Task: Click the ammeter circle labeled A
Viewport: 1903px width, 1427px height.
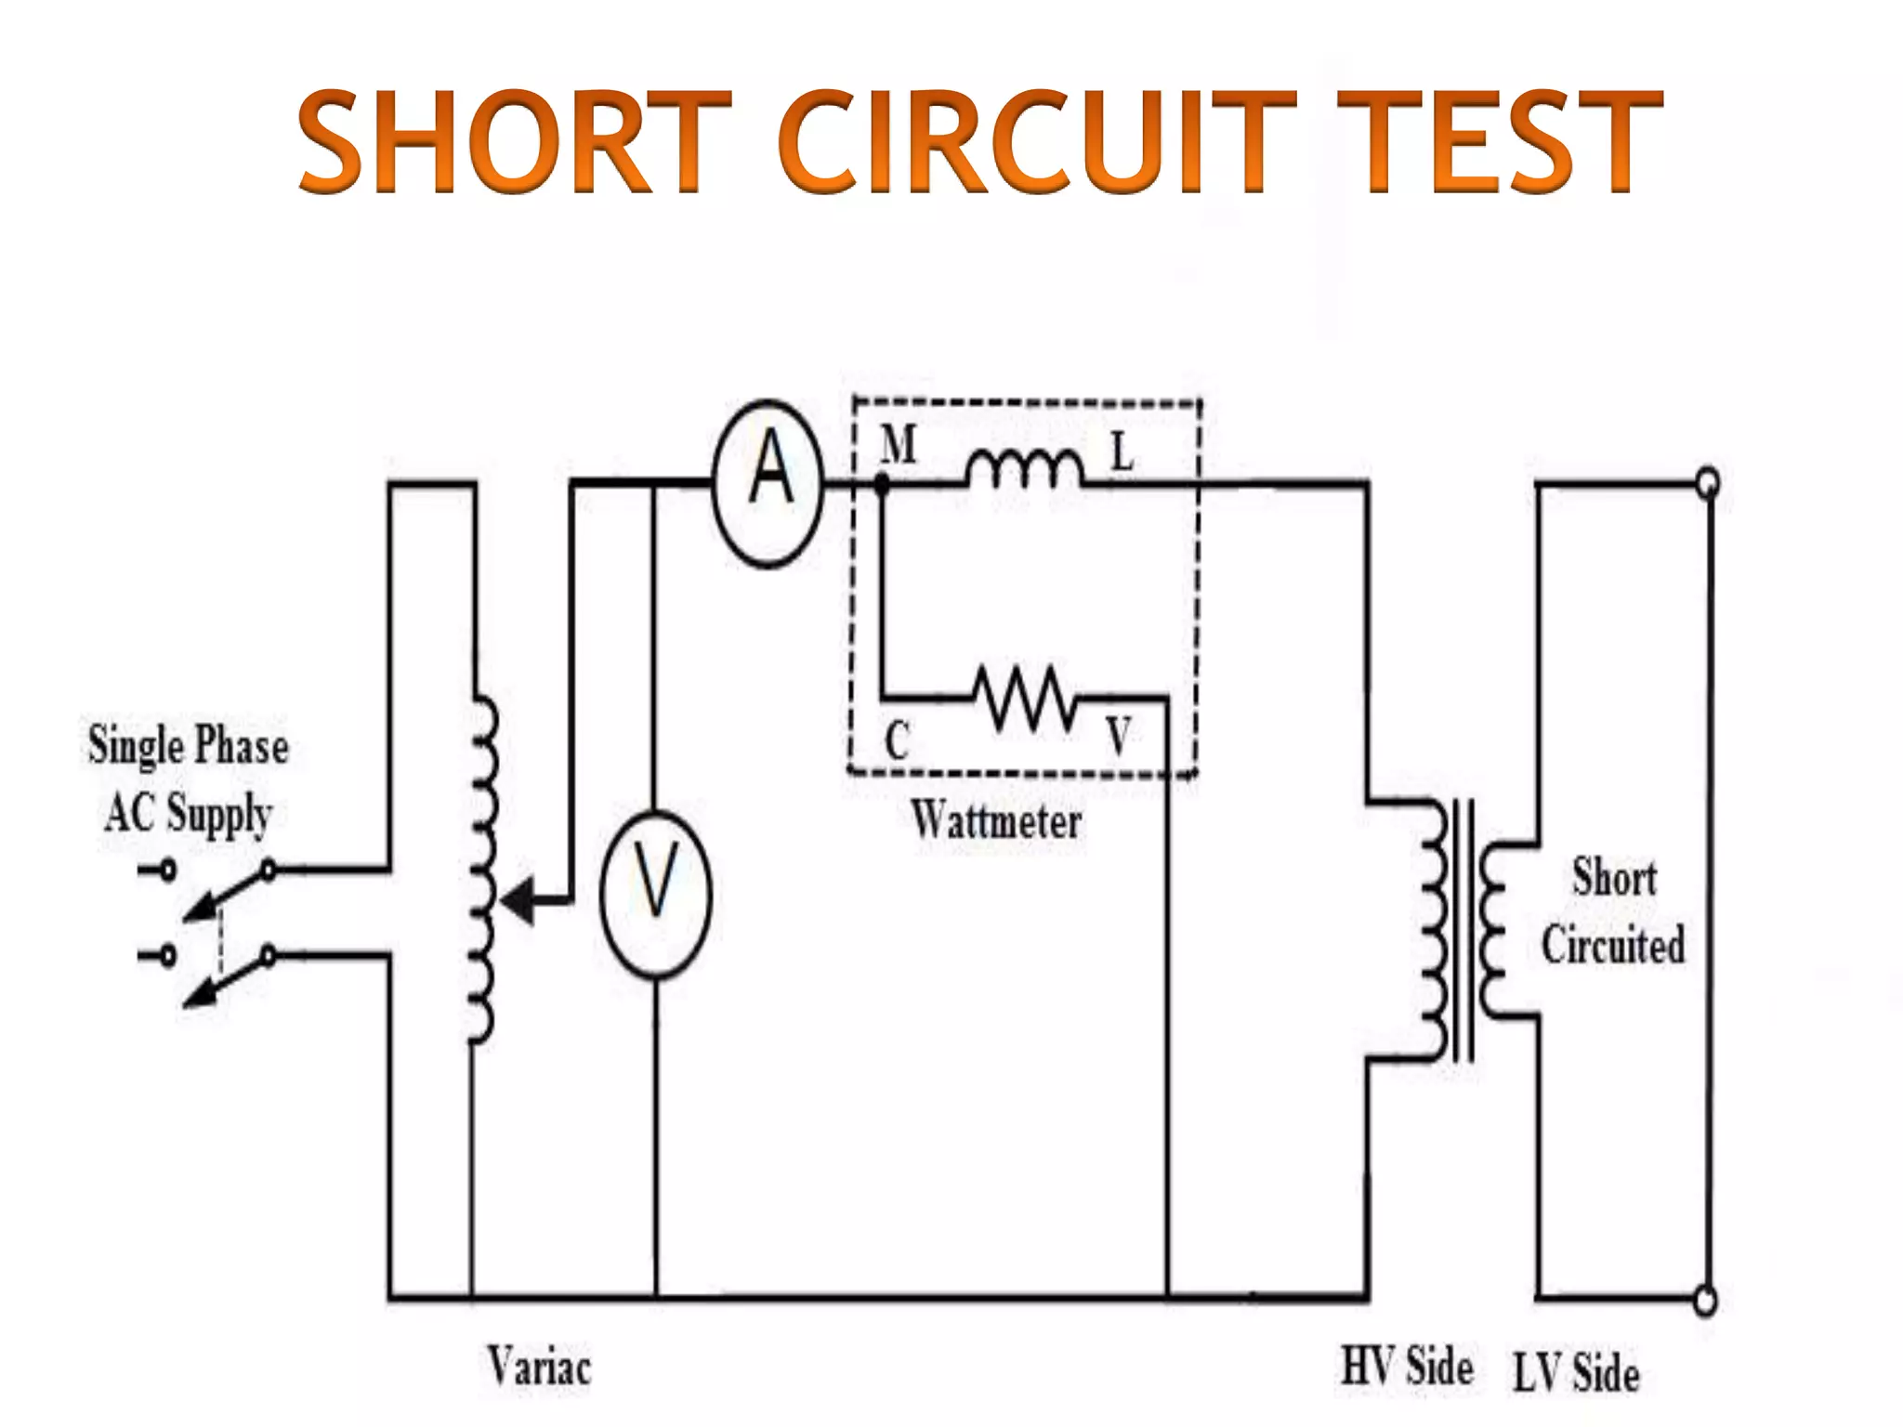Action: [768, 483]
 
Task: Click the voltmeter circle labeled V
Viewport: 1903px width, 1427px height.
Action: [656, 893]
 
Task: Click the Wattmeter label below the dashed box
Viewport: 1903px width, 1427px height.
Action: [995, 821]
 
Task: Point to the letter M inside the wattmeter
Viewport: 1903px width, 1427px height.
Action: [899, 444]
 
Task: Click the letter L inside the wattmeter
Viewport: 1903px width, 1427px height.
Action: [1122, 453]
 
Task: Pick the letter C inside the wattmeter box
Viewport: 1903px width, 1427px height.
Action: [897, 741]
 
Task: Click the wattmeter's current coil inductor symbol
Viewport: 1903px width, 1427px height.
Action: [1024, 469]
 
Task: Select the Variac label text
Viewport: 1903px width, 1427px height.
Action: [539, 1367]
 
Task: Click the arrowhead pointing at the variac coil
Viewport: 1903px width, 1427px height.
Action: [519, 899]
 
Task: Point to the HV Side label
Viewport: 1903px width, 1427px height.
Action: [1406, 1367]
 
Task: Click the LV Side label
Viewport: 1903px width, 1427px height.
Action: [1576, 1372]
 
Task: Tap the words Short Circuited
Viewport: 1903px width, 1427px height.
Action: [1613, 911]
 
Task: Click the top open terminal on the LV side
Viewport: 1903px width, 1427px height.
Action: [1707, 483]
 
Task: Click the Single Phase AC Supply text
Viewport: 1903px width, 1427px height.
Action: [189, 779]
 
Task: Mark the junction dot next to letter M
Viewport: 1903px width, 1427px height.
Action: [882, 483]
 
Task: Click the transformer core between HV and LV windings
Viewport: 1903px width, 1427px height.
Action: [1463, 930]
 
